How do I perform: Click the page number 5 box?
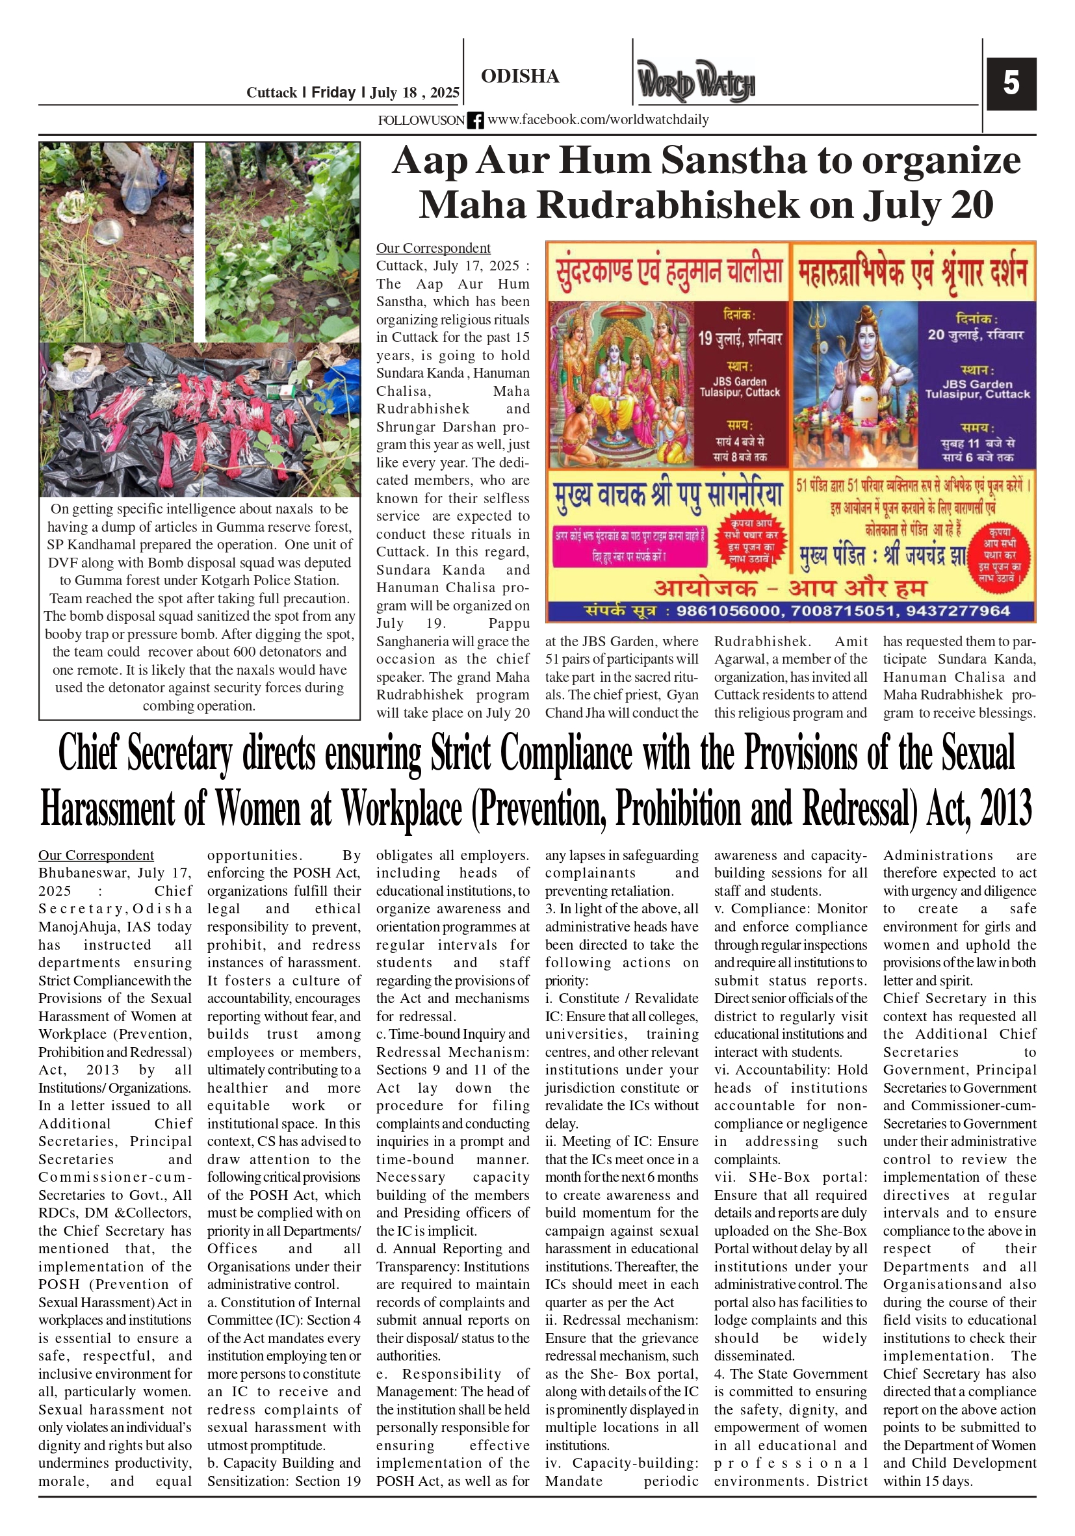[1010, 84]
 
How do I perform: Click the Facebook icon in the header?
[475, 120]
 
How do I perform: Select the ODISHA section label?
[520, 76]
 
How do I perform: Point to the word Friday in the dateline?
[333, 92]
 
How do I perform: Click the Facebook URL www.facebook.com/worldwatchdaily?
[598, 120]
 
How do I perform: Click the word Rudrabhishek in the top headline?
[669, 205]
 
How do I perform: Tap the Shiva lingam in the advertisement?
[863, 408]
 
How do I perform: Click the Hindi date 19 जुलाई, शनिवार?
[739, 339]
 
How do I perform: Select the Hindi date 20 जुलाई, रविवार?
[976, 335]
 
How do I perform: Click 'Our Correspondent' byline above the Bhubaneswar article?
[96, 855]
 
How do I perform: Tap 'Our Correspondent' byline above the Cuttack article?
[433, 248]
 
